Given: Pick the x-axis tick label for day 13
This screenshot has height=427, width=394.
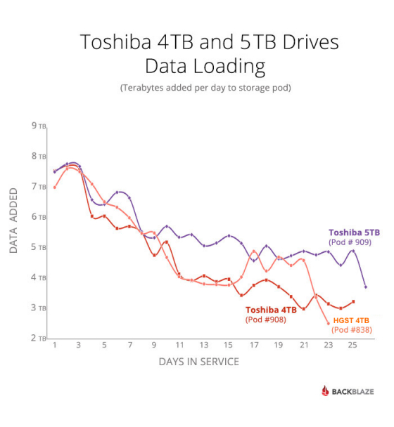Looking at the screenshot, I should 204,346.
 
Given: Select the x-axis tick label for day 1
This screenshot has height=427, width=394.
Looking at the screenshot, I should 54,346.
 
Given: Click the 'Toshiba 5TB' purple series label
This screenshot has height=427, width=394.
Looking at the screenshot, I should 354,232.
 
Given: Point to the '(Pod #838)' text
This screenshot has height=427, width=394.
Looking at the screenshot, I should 351,329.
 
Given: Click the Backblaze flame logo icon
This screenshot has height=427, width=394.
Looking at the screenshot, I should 326,391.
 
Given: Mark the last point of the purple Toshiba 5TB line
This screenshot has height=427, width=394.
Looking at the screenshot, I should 365,287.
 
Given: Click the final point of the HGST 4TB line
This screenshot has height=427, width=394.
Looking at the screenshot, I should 328,323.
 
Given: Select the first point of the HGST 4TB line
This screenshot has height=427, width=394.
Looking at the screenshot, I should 54,187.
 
